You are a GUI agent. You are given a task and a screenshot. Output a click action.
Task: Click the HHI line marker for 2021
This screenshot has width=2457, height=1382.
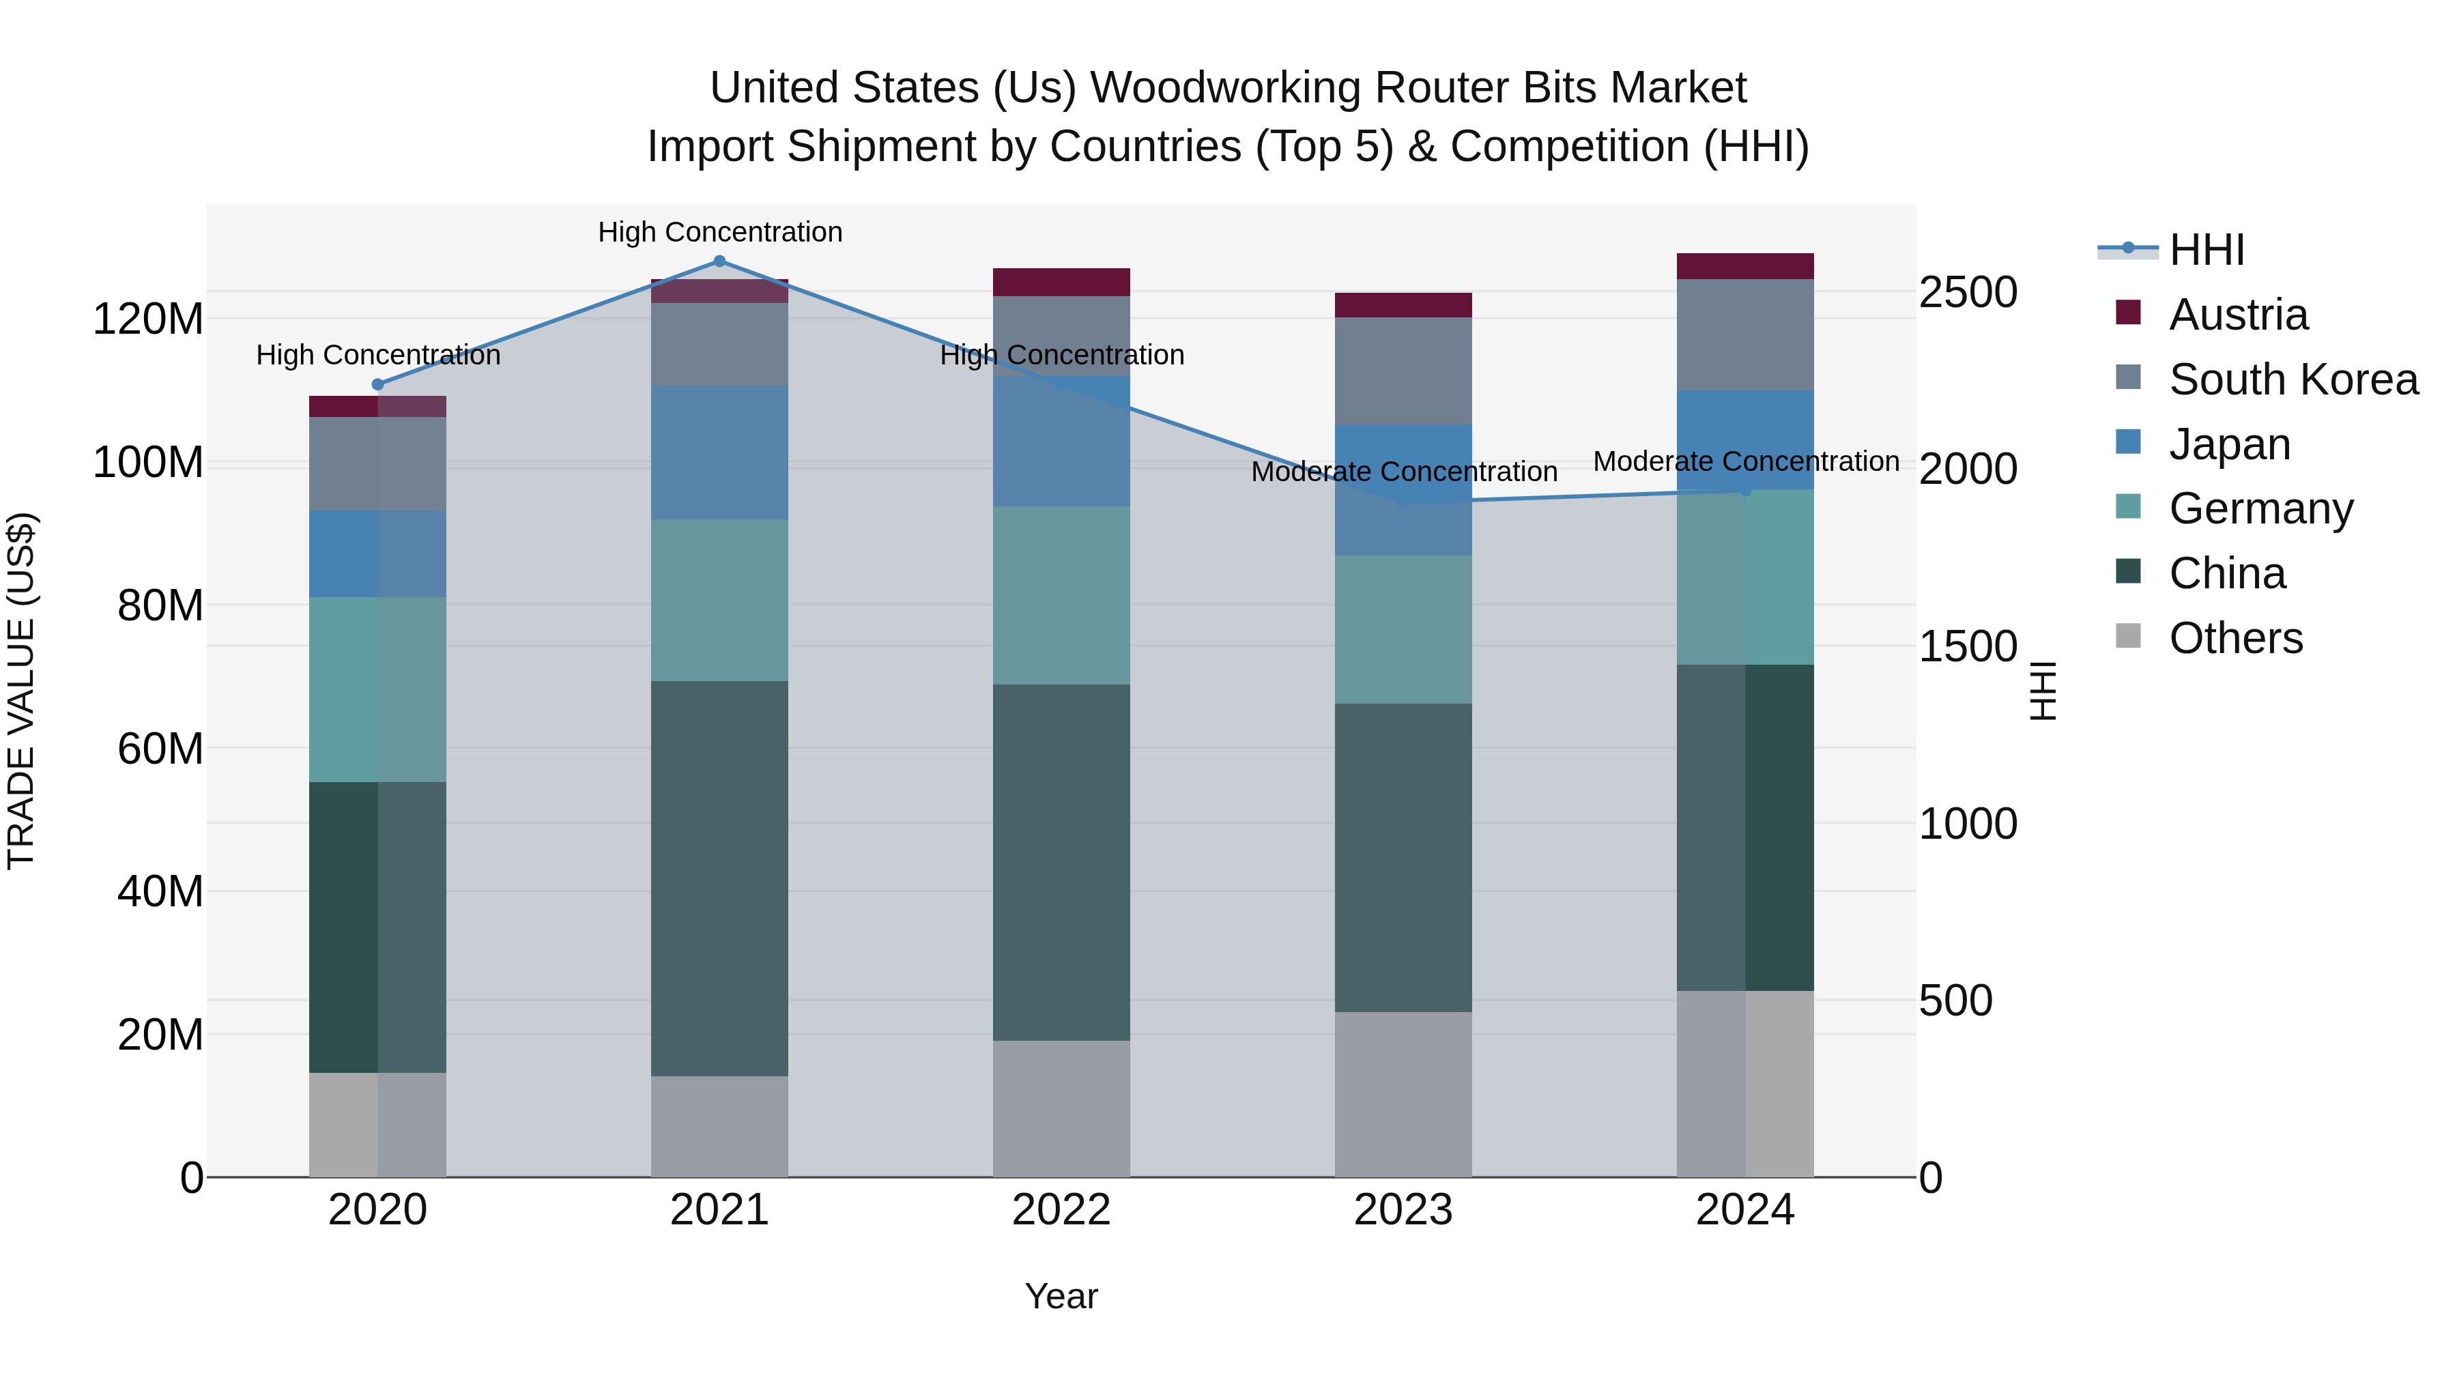click(719, 261)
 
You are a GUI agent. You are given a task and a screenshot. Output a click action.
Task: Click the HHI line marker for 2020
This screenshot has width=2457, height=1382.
click(377, 384)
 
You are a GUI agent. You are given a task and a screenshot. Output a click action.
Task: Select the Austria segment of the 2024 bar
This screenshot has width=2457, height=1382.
click(1744, 266)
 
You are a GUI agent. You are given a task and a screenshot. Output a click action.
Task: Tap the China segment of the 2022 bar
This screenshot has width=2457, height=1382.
click(1061, 861)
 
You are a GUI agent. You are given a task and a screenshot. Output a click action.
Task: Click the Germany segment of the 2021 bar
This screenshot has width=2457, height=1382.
click(719, 599)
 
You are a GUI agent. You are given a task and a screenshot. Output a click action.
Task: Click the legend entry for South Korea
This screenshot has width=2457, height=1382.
click(2293, 379)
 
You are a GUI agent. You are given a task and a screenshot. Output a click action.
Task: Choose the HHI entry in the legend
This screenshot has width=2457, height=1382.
click(2206, 250)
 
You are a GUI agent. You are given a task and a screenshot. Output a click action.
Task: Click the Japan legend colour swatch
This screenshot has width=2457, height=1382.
click(2128, 442)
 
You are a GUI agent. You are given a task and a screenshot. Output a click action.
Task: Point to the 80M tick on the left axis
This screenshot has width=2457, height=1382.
click(160, 605)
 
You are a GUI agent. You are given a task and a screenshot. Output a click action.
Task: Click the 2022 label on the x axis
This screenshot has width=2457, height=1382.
click(1061, 1210)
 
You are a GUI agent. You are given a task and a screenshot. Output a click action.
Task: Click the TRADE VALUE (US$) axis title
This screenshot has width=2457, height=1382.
click(21, 691)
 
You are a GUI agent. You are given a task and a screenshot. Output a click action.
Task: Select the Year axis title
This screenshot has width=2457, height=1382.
click(1061, 1296)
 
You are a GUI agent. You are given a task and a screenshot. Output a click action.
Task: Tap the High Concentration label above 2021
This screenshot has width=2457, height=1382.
click(719, 232)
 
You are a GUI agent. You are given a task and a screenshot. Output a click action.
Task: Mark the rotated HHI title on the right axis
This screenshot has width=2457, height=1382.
click(2043, 691)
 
